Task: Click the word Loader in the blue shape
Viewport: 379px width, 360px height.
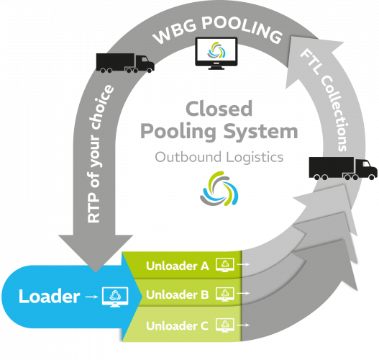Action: pos(50,296)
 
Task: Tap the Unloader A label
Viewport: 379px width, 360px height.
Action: pos(178,266)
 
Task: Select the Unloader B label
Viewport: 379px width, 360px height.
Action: pos(178,294)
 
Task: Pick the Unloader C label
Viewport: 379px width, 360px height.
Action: pos(177,326)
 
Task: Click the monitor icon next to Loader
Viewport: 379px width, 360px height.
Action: pos(115,297)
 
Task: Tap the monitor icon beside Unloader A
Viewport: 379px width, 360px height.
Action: pos(225,265)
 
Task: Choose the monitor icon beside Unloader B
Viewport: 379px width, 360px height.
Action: pos(225,294)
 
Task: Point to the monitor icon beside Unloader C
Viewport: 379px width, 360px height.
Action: pos(225,325)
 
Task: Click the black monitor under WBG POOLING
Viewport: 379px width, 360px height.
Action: pos(216,53)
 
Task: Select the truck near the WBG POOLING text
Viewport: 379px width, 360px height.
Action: pos(125,63)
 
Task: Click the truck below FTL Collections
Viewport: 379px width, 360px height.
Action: pos(343,168)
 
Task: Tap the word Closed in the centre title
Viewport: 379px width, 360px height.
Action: pos(219,109)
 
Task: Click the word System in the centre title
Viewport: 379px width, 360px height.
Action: pos(260,132)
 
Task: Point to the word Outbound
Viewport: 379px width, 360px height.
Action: pos(188,157)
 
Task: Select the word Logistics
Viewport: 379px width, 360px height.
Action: pos(255,158)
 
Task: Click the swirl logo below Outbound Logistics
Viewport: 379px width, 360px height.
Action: pos(219,189)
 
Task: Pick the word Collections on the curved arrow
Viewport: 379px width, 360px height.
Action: pos(334,113)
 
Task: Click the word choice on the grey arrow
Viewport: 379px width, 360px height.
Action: pos(101,107)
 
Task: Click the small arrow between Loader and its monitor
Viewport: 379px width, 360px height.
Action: pos(91,297)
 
